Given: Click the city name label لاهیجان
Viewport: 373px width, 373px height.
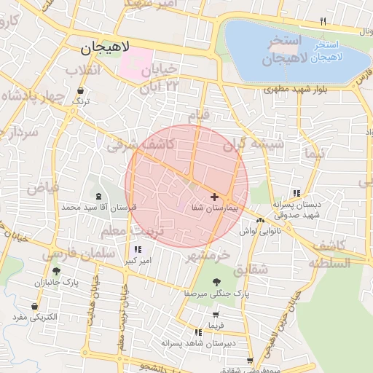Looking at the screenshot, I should [x=106, y=49].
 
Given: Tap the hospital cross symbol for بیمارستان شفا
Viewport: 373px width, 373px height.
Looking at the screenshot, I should [x=214, y=197].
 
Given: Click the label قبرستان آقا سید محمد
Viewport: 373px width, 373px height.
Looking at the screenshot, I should [x=99, y=208].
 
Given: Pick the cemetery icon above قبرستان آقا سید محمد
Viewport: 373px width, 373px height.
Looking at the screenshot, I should [x=99, y=196].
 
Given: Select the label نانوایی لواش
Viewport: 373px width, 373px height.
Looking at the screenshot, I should [x=259, y=231].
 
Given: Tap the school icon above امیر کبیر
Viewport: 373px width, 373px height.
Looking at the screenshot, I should [x=138, y=249].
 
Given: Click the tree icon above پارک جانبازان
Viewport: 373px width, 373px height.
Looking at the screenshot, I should [x=56, y=271].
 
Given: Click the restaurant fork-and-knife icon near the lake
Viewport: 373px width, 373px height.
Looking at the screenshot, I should [x=323, y=21].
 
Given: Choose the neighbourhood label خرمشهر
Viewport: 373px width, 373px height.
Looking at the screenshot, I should [x=207, y=255].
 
